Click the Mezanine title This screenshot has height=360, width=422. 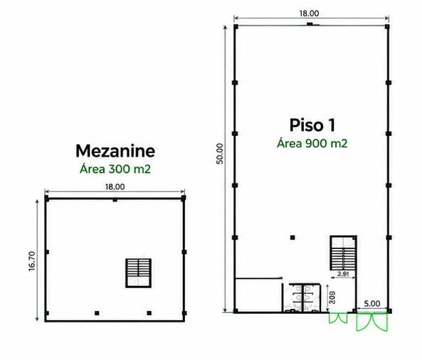pyautogui.click(x=115, y=151)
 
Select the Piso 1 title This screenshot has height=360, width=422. pyautogui.click(x=312, y=125)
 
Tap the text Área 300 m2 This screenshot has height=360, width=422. pyautogui.click(x=115, y=169)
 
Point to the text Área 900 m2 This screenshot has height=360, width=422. pyautogui.click(x=312, y=143)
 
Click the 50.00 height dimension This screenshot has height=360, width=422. pyautogui.click(x=220, y=154)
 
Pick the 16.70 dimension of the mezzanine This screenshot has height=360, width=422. pyautogui.click(x=32, y=261)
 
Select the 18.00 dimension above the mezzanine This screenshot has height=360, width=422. pyautogui.click(x=115, y=186)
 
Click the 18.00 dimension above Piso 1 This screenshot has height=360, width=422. pyautogui.click(x=310, y=14)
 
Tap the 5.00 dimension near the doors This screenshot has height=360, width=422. pyautogui.click(x=372, y=304)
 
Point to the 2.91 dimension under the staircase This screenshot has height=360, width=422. pyautogui.click(x=343, y=274)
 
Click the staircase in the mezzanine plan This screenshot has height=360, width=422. pyautogui.click(x=138, y=273)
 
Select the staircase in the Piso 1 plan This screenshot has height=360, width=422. pyautogui.click(x=344, y=253)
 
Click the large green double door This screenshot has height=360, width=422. pyautogui.click(x=372, y=322)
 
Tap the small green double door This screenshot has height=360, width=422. pyautogui.click(x=338, y=318)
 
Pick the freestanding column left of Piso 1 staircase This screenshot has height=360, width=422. pyautogui.click(x=292, y=238)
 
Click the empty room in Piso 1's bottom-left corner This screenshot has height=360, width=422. pyautogui.click(x=258, y=295)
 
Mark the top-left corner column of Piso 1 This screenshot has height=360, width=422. pyautogui.click(x=236, y=26)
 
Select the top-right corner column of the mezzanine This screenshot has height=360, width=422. pyautogui.click(x=184, y=198)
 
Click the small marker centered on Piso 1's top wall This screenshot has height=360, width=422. pyautogui.click(x=310, y=24)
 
